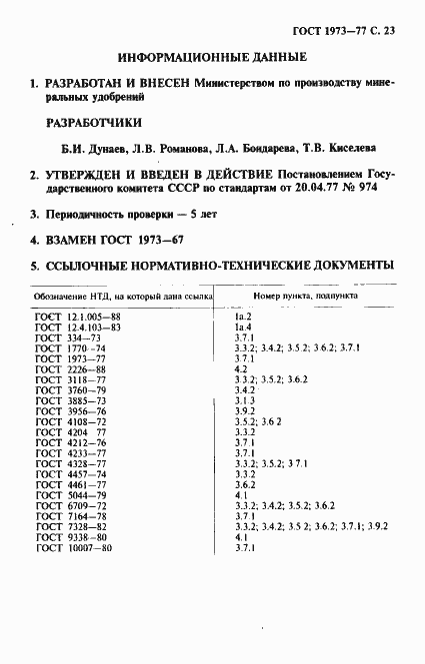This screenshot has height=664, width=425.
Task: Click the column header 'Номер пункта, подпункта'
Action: point(299,297)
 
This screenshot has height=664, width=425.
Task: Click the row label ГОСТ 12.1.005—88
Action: point(78,317)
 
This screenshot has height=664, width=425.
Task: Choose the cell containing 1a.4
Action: point(242,327)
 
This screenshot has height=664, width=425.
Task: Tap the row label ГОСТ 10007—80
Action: point(73,547)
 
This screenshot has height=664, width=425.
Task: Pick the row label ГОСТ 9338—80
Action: point(70,537)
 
